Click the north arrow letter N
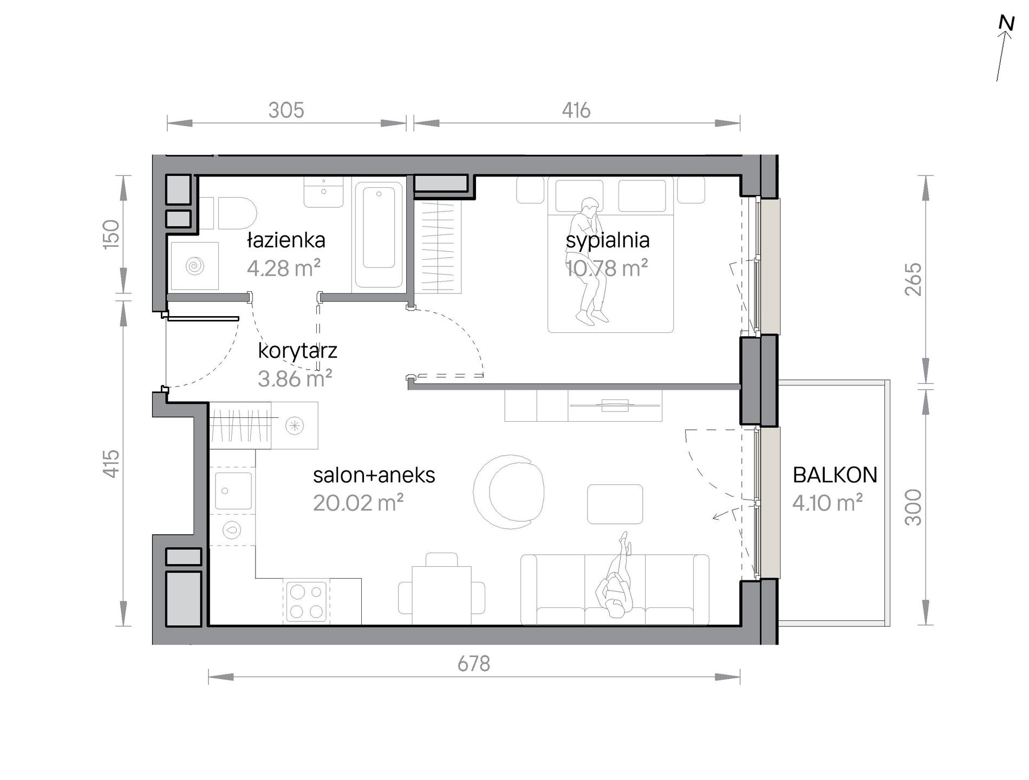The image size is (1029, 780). click(1006, 24)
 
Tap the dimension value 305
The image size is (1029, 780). click(286, 110)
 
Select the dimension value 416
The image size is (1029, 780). click(576, 110)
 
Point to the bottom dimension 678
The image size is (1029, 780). click(474, 664)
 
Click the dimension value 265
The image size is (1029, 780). click(913, 279)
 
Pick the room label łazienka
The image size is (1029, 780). click(286, 240)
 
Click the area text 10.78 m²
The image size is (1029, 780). click(607, 268)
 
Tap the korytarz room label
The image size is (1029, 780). click(297, 351)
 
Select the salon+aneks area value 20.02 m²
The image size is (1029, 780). click(358, 503)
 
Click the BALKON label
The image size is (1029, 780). click(835, 475)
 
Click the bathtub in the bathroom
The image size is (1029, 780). click(379, 233)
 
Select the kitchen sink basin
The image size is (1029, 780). click(233, 491)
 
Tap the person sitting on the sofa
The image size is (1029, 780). click(616, 577)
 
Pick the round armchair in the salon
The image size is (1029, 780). click(509, 490)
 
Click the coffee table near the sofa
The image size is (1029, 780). click(615, 504)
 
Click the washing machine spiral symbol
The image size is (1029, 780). click(194, 266)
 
